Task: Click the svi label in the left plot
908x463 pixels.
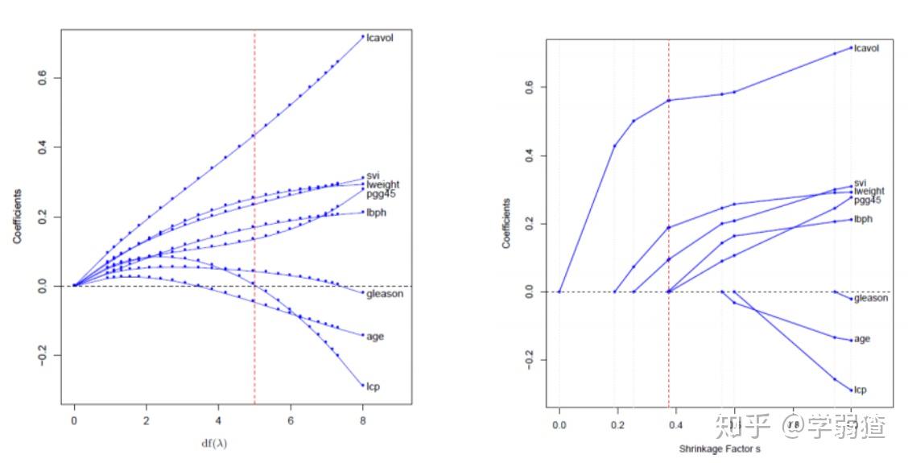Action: [x=373, y=176]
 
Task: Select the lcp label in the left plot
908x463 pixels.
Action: [x=373, y=387]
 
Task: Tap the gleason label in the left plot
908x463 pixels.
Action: [x=385, y=294]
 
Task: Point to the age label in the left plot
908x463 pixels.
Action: [x=375, y=336]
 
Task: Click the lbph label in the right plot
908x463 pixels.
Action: [x=864, y=219]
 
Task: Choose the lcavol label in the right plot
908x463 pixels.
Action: [x=866, y=48]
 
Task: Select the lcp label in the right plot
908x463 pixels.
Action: [x=861, y=390]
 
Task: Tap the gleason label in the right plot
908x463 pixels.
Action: [x=872, y=299]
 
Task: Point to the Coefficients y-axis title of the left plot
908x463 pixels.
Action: [x=17, y=217]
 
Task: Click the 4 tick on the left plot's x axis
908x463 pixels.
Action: [x=218, y=420]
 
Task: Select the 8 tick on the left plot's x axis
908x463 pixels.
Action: [x=363, y=420]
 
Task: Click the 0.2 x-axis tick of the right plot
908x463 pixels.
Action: [x=618, y=424]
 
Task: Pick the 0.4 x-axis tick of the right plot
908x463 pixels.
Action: [x=677, y=424]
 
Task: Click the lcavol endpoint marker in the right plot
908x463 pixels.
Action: [x=852, y=48]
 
